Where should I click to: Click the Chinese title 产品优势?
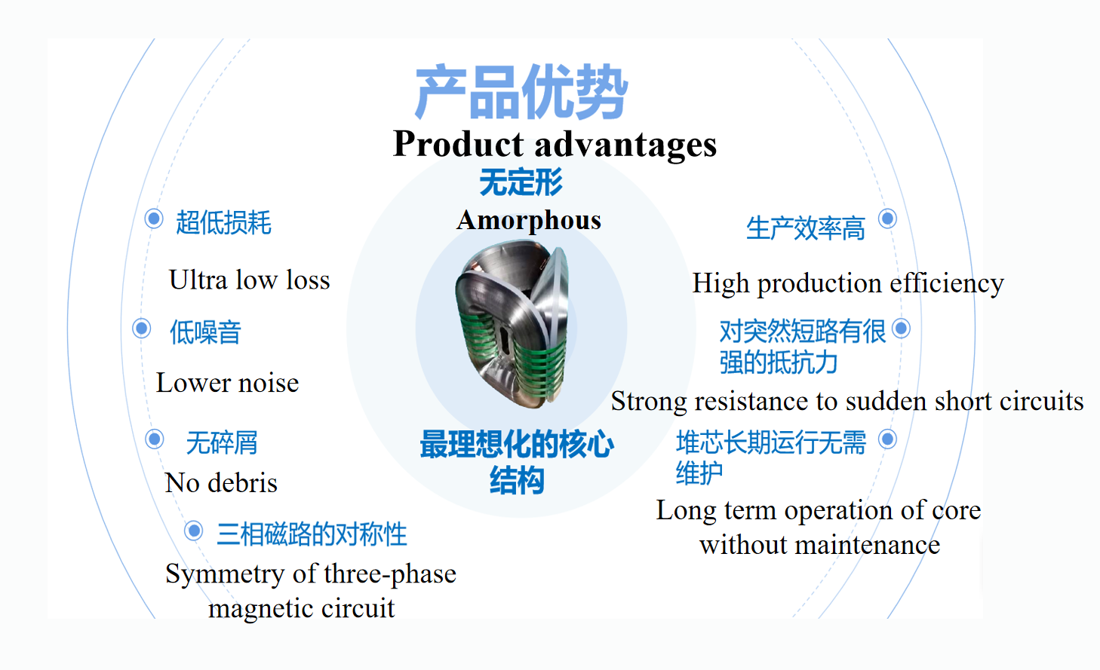[521, 92]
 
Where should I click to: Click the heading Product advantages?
[555, 144]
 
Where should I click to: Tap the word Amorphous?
[529, 220]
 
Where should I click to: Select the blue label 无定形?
[521, 182]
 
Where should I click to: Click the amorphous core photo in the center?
[512, 324]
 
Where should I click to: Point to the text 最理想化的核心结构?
[517, 461]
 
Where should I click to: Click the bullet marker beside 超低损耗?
[154, 219]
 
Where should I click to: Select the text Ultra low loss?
[250, 280]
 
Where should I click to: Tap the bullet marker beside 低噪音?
[141, 328]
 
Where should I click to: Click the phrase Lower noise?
[227, 383]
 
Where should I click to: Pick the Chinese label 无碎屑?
[222, 442]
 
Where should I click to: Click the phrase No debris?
[221, 482]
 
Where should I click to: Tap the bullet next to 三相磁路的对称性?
[193, 531]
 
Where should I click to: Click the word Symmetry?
[225, 574]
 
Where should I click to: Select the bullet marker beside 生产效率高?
[887, 219]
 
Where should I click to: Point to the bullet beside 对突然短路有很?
[901, 328]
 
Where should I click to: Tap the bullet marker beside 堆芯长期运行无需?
[887, 439]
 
